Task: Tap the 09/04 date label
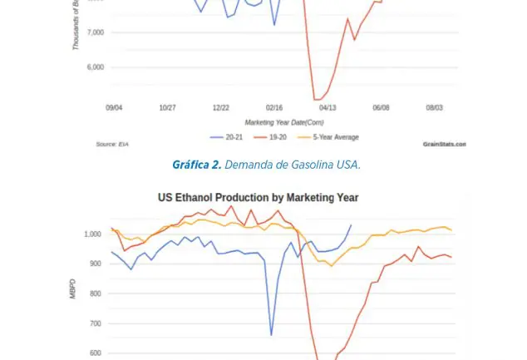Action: click(x=115, y=107)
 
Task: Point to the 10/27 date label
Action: click(x=167, y=107)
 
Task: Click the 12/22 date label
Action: click(x=221, y=107)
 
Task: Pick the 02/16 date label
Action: click(x=274, y=107)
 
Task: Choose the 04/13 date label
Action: click(x=328, y=107)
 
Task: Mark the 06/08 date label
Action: click(x=382, y=107)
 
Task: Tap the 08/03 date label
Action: click(x=435, y=107)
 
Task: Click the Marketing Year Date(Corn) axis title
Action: click(x=274, y=121)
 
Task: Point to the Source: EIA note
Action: click(x=106, y=144)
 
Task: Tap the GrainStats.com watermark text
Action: click(x=444, y=144)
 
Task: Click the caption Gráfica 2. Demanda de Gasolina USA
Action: click(x=266, y=165)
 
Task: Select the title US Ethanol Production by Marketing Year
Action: click(x=258, y=198)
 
